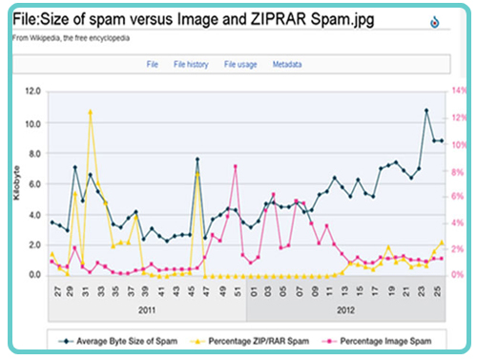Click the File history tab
pyautogui.click(x=191, y=65)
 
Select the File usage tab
pyautogui.click(x=241, y=65)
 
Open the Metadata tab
pyautogui.click(x=287, y=65)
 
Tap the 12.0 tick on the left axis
pyautogui.click(x=32, y=92)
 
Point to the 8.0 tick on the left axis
pyautogui.click(x=32, y=153)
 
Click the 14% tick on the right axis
pyautogui.click(x=457, y=92)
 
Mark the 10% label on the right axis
pyautogui.click(x=457, y=145)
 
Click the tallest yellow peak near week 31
pyautogui.click(x=90, y=112)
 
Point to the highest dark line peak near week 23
pyautogui.click(x=426, y=110)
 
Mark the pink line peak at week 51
pyautogui.click(x=235, y=166)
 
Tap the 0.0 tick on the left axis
pyautogui.click(x=32, y=275)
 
